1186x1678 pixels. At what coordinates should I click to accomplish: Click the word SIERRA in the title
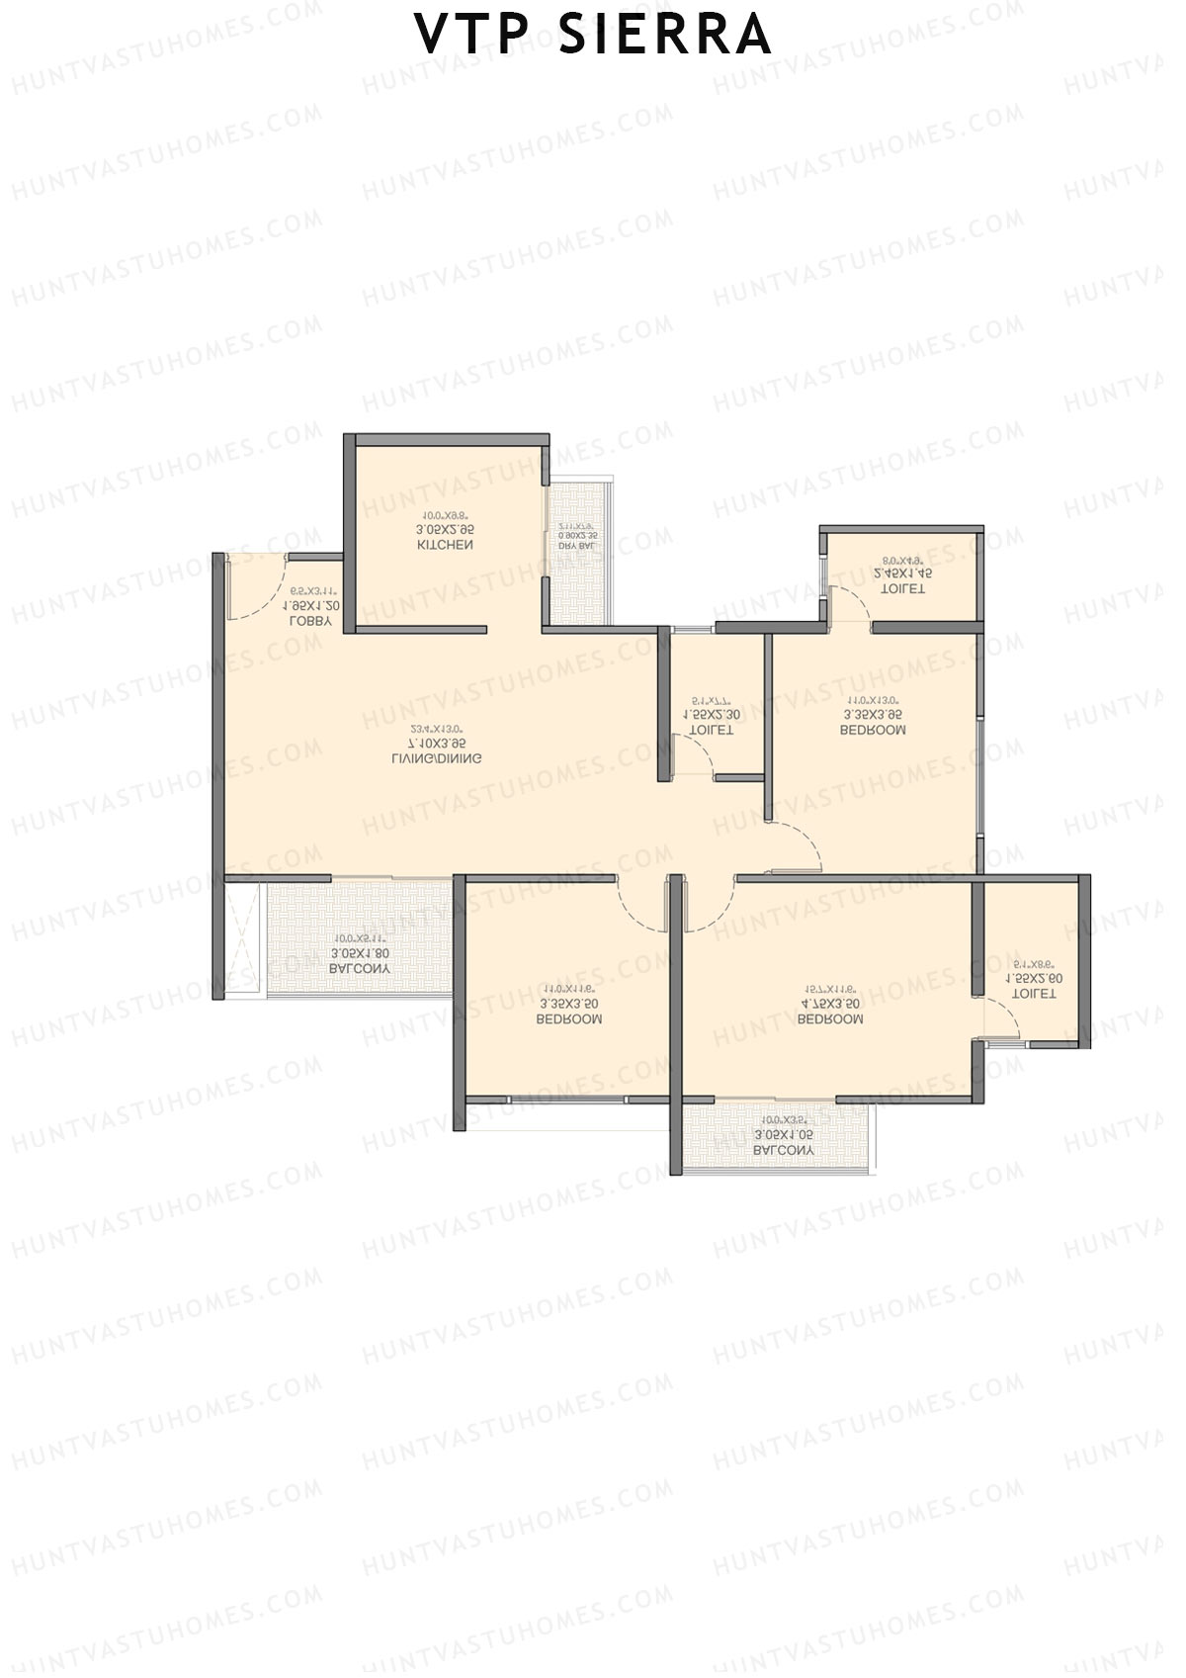tap(664, 34)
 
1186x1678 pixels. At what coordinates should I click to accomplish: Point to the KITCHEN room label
tap(446, 545)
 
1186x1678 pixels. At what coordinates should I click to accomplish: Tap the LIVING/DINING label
tap(436, 759)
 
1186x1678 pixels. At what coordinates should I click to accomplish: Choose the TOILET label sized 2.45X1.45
tap(903, 588)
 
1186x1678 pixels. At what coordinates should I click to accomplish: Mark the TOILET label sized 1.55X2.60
tap(1035, 994)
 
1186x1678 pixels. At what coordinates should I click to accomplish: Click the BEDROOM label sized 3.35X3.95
tap(873, 731)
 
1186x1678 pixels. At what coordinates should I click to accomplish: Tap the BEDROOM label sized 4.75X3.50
tap(830, 1019)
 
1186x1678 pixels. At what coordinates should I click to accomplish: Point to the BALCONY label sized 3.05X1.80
tap(360, 970)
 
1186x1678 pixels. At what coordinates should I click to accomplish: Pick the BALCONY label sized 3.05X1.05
tap(784, 1151)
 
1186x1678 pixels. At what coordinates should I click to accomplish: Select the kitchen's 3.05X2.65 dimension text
tap(446, 530)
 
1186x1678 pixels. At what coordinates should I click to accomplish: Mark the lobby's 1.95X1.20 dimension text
tap(311, 605)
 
